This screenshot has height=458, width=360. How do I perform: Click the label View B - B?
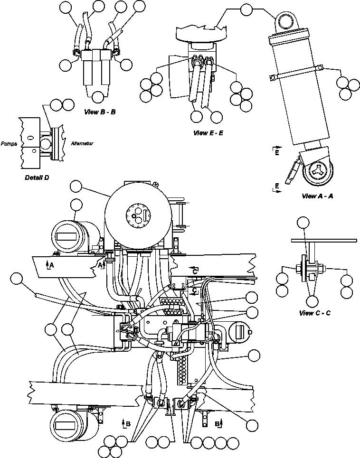[x=100, y=112]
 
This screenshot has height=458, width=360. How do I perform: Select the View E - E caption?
[x=208, y=133]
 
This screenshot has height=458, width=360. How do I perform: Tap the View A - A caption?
[x=317, y=196]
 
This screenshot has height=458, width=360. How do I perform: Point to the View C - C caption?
[x=315, y=313]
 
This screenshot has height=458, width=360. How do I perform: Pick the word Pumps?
[x=9, y=143]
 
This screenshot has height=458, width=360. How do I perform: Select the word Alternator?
[x=82, y=143]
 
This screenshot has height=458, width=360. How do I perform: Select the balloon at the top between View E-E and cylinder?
[x=247, y=9]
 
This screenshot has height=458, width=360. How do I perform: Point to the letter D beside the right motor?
[x=249, y=332]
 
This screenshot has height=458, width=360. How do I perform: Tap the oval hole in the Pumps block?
[x=31, y=138]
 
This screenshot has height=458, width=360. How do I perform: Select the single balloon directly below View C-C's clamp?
[x=312, y=301]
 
